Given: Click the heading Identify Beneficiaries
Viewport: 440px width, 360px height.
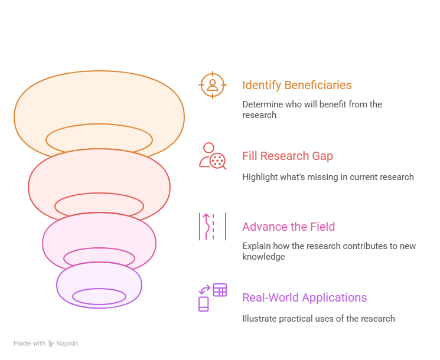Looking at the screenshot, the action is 297,85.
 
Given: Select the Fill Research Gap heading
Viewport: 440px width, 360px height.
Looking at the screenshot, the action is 288,156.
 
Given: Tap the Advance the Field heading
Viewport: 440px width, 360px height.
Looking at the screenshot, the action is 289,227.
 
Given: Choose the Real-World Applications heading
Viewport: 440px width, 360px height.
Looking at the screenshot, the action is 305,298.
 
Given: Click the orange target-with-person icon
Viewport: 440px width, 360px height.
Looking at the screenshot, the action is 213,85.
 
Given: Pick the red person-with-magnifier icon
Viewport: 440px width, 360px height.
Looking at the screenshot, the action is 213,156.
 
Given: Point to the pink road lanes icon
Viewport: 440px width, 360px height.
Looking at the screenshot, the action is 213,227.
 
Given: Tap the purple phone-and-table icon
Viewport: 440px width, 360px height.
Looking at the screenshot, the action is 213,297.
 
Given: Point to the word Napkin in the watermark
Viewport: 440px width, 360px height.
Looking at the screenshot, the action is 67,343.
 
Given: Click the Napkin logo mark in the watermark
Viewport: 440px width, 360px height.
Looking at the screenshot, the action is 51,343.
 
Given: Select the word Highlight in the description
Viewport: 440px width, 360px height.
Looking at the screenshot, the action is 255,177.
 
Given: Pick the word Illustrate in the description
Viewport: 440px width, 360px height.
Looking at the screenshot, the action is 259,319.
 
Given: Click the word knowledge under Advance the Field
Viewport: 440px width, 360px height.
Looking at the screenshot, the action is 263,257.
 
